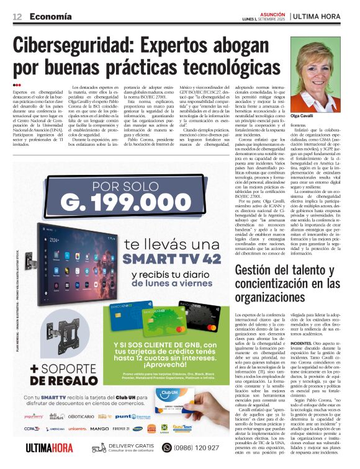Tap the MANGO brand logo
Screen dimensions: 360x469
tap(99, 428)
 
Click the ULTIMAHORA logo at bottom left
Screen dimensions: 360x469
tap(50, 448)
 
